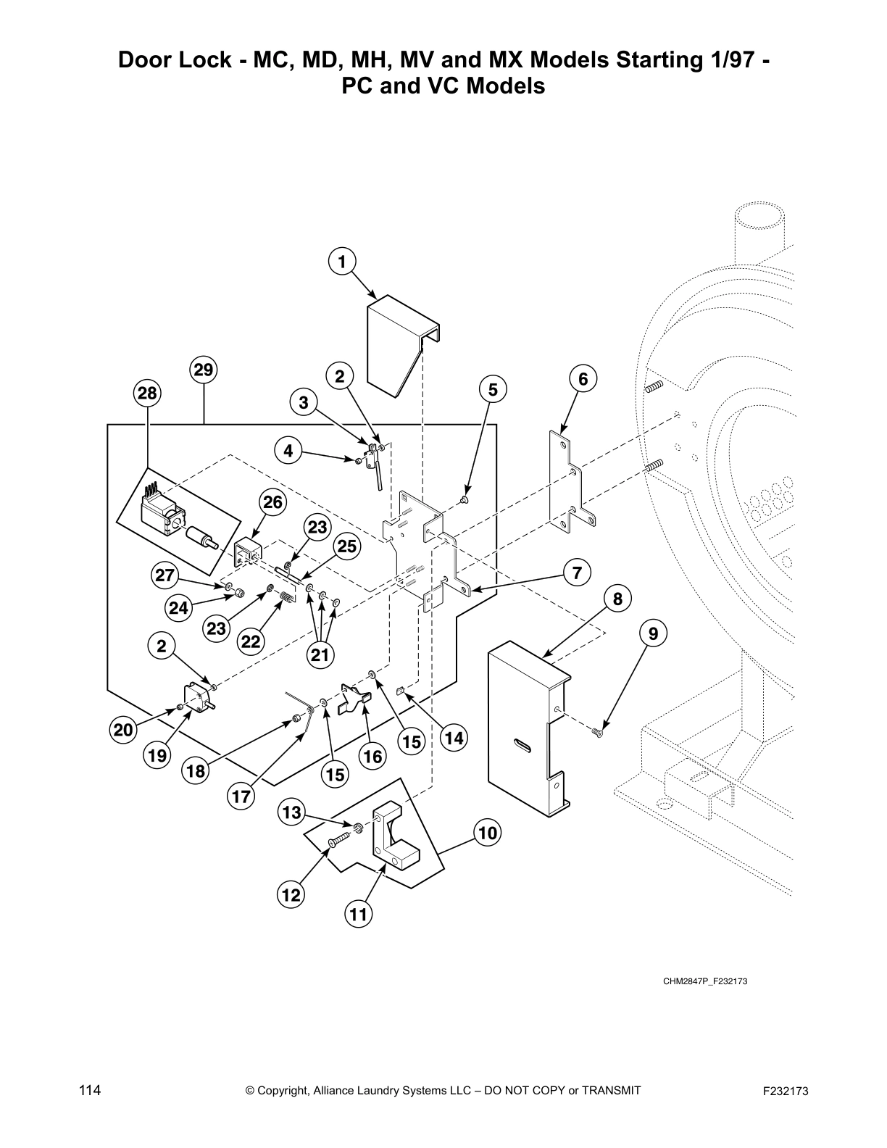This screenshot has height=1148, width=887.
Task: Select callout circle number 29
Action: pyautogui.click(x=204, y=370)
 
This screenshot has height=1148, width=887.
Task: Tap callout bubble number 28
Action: pyautogui.click(x=147, y=394)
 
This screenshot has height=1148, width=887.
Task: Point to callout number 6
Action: pyautogui.click(x=583, y=378)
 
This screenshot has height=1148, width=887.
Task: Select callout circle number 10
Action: pyautogui.click(x=488, y=833)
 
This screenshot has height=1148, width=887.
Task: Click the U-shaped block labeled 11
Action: pyautogui.click(x=395, y=838)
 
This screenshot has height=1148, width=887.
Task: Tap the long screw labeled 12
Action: pyautogui.click(x=339, y=840)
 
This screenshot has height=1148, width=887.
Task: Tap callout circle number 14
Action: pyautogui.click(x=454, y=739)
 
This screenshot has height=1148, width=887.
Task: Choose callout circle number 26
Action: pyautogui.click(x=273, y=502)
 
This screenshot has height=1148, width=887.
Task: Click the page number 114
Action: pyautogui.click(x=90, y=1090)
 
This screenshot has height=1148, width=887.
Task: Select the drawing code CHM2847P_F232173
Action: pyautogui.click(x=705, y=982)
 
